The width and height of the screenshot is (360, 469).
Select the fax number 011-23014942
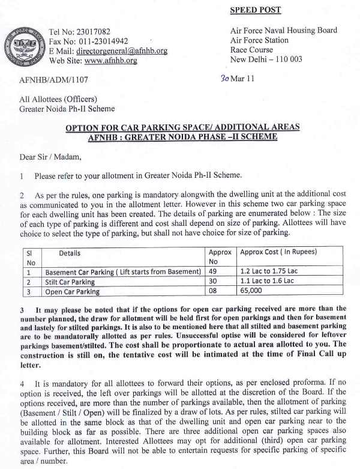(x=105, y=41)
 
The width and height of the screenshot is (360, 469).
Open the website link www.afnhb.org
(x=110, y=61)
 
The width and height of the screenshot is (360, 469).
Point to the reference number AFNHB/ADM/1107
(x=54, y=79)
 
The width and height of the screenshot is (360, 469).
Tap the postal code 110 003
(x=287, y=59)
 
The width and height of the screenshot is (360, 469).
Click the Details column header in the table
(x=70, y=253)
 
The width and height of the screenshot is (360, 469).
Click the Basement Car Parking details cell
(x=123, y=271)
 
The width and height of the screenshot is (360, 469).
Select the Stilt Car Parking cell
(x=70, y=282)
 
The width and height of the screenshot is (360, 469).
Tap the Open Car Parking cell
(x=72, y=292)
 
